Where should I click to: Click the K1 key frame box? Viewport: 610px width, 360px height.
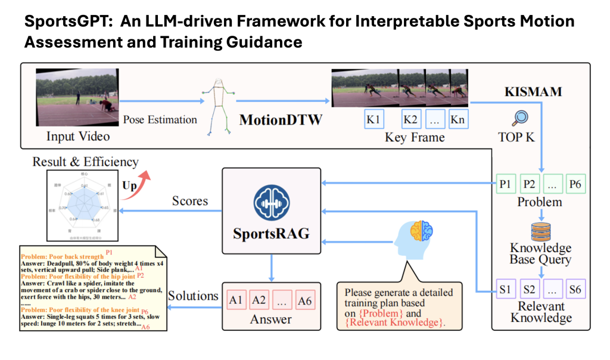tap(374, 119)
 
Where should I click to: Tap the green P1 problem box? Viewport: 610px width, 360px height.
tap(505, 184)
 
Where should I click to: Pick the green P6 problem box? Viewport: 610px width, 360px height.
tap(575, 184)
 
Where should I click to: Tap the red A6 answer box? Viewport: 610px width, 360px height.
tap(304, 300)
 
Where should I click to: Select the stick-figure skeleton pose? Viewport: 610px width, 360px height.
tap(218, 107)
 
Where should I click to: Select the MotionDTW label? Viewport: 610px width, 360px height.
tap(281, 120)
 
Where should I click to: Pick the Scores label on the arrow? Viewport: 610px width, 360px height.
tap(189, 201)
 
